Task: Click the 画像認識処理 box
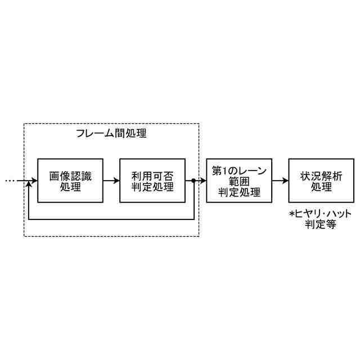[70, 181]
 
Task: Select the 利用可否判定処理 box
[152, 181]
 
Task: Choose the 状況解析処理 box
[322, 181]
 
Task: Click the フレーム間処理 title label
[111, 134]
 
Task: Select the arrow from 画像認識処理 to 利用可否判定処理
[111, 181]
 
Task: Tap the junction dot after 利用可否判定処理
[193, 181]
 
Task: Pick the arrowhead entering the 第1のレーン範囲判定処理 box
[204, 181]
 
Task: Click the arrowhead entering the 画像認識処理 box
[34, 181]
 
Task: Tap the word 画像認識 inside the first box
[70, 175]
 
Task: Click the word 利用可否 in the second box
[152, 175]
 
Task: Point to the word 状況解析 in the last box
[322, 175]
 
